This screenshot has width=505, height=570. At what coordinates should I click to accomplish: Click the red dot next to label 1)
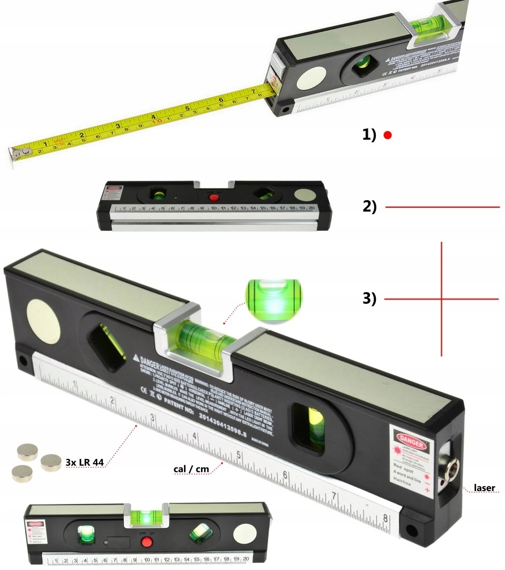[x=388, y=136]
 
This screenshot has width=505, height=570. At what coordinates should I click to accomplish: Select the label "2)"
[x=370, y=207]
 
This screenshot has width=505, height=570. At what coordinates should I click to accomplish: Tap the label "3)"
[x=370, y=298]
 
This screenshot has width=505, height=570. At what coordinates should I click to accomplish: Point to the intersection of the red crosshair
[x=442, y=298]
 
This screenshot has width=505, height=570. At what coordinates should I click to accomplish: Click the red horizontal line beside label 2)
[x=442, y=207]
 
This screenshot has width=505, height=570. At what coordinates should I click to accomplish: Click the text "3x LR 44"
[x=84, y=462]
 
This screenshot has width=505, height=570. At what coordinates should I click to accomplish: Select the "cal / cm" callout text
[x=191, y=469]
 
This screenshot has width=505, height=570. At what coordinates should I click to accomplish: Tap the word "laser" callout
[x=485, y=488]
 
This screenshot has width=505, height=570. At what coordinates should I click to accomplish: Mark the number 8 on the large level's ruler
[x=385, y=519]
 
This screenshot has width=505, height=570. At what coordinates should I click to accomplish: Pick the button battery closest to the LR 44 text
[x=51, y=461]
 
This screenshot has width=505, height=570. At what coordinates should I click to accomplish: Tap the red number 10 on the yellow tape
[x=157, y=121]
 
